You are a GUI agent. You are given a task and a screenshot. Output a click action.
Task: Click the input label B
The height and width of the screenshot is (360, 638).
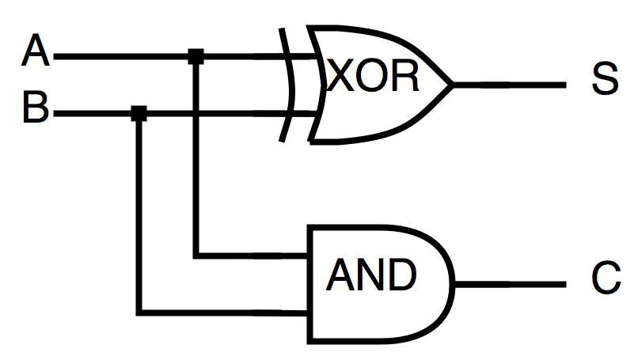[x=36, y=108]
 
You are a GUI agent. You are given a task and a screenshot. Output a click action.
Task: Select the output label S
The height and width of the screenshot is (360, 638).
[x=604, y=79]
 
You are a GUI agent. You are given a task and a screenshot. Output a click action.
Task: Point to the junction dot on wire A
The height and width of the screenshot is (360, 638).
[x=196, y=56]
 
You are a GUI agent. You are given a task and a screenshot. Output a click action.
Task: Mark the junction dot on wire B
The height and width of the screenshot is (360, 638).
[x=139, y=114]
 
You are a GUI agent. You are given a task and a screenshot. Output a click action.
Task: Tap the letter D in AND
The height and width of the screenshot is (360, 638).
[x=400, y=275]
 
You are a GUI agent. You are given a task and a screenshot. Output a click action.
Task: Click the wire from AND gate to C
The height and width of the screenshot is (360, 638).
[x=511, y=283]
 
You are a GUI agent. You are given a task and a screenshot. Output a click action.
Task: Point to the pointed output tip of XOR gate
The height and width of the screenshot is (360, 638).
[x=452, y=83]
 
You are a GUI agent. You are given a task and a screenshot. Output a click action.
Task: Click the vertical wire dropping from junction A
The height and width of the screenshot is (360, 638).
[x=196, y=158]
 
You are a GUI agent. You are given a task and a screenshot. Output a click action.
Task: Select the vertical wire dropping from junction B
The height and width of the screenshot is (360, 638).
[x=139, y=214]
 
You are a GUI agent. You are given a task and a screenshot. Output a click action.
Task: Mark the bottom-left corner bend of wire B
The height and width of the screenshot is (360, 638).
[x=140, y=311]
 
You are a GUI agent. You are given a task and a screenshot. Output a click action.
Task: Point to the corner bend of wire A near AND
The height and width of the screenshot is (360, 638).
[x=196, y=255]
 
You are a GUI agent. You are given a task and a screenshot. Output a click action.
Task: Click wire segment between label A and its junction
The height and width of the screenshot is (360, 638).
[x=119, y=56]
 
